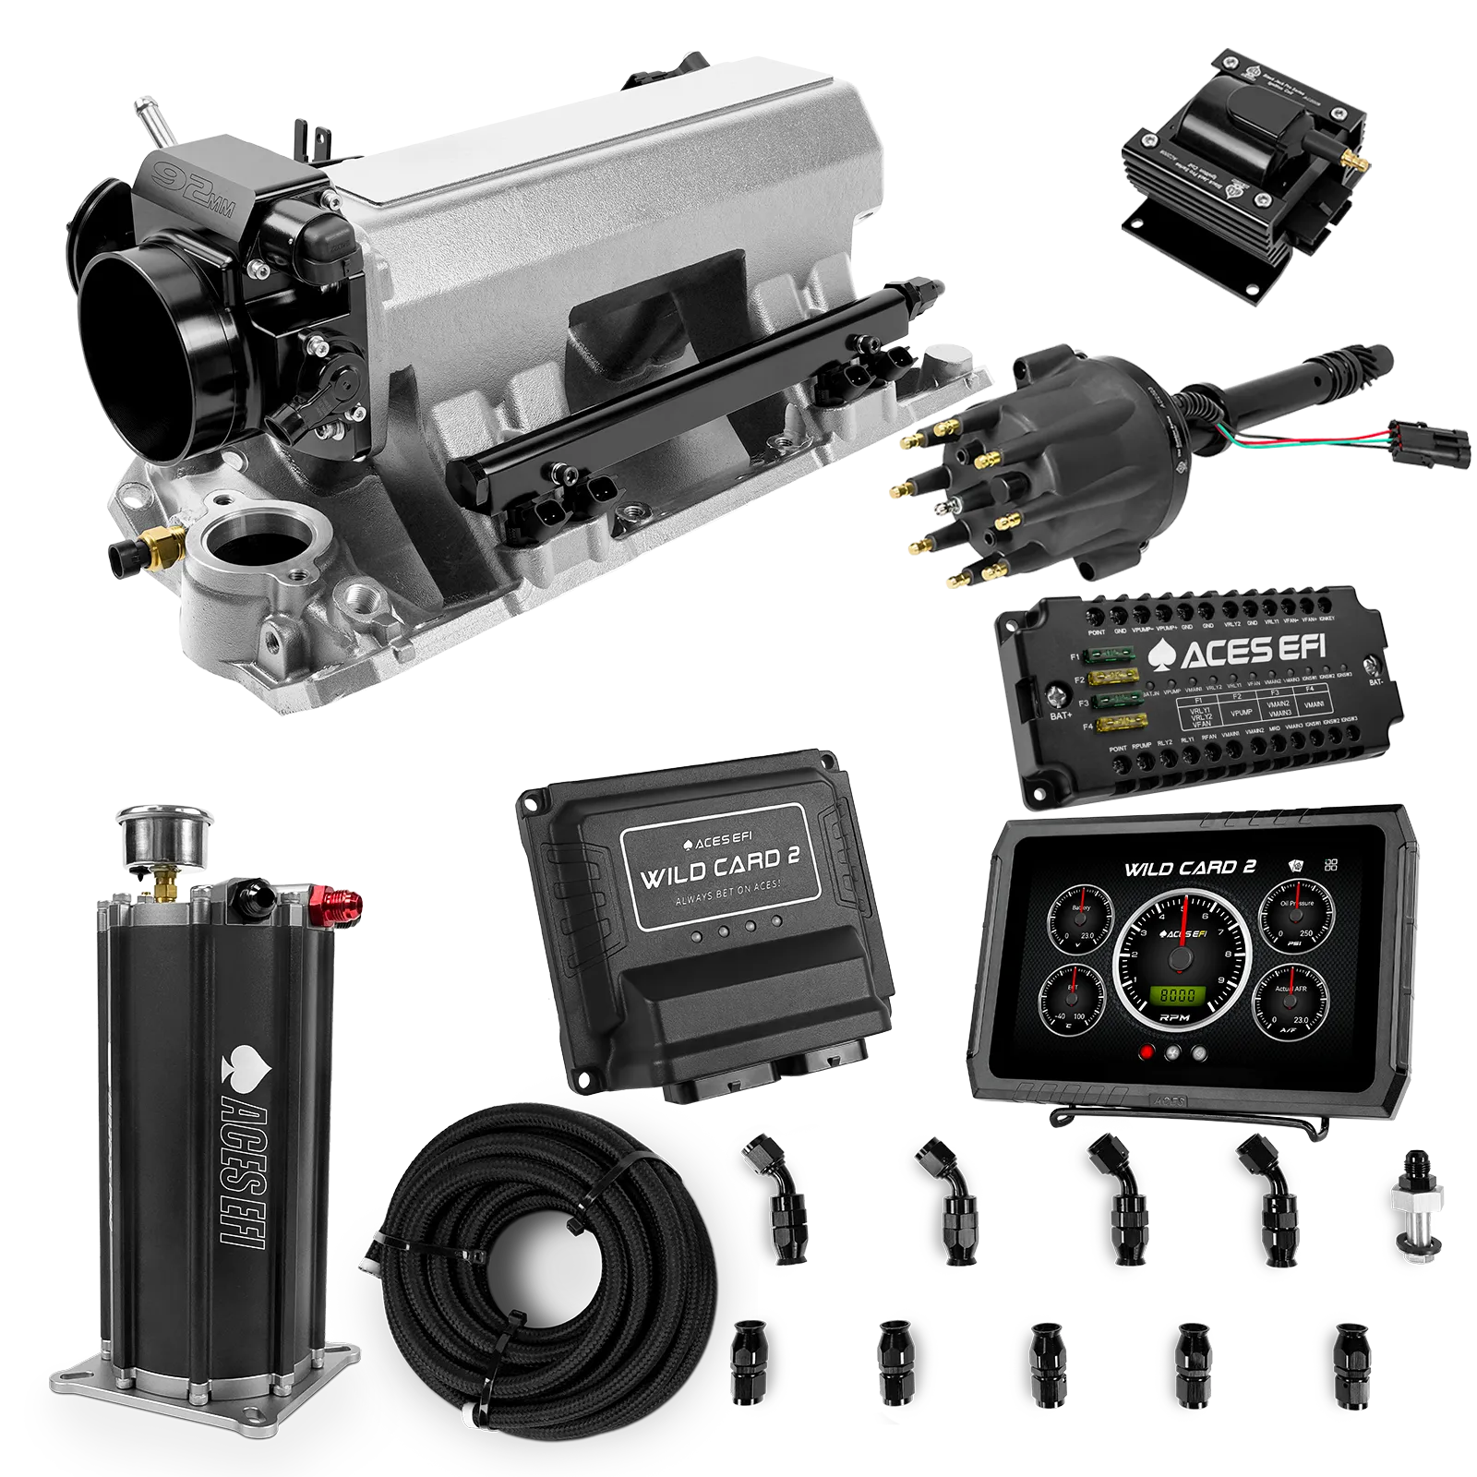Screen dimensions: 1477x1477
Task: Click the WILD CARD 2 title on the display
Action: point(1190,869)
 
